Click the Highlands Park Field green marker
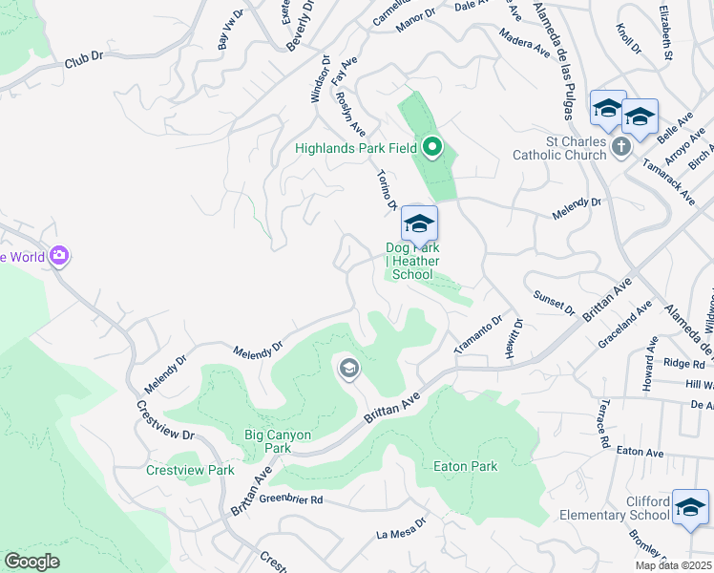click(x=432, y=147)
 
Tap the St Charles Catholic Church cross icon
click(x=621, y=146)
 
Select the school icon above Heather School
click(x=418, y=224)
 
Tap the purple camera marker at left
click(x=60, y=256)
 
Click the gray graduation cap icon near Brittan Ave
click(x=348, y=369)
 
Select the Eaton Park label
click(x=466, y=466)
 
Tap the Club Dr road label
click(x=83, y=60)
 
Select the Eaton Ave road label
click(x=640, y=452)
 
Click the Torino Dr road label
click(x=386, y=190)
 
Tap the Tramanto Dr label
click(x=478, y=335)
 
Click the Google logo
click(x=31, y=562)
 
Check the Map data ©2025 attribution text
click(x=673, y=565)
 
